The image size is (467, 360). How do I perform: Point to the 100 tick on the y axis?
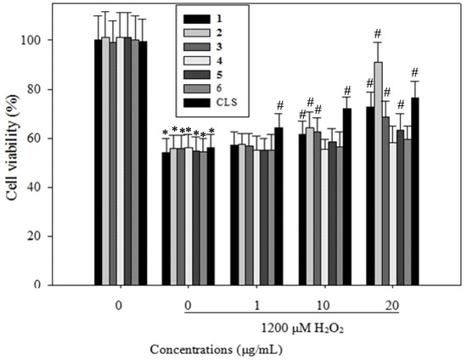click(63, 41)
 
